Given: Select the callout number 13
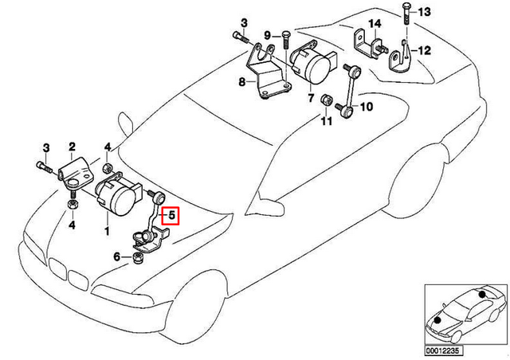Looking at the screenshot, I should click(423, 11).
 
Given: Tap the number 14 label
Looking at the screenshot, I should click(375, 24).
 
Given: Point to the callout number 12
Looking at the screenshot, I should click(423, 49).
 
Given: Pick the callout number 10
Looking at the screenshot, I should click(366, 106).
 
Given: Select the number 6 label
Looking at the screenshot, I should click(116, 256).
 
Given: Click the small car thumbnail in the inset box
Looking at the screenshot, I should click(462, 311).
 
